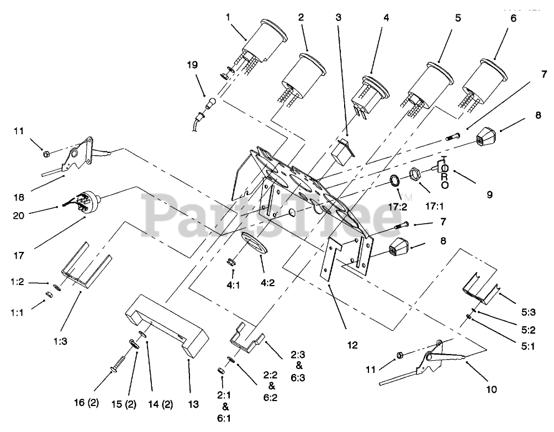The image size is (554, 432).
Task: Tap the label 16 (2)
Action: click(x=86, y=402)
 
